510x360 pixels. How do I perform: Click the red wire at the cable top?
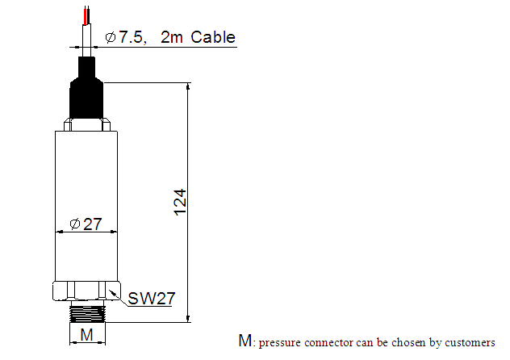(86, 17)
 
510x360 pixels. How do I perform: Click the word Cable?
(213, 37)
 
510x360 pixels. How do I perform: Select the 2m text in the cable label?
(171, 37)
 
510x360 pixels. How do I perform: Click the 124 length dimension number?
(180, 203)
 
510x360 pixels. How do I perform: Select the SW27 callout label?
(151, 299)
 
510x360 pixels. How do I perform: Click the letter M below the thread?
(86, 335)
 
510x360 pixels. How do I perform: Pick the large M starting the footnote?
(245, 341)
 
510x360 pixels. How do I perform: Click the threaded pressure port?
(87, 312)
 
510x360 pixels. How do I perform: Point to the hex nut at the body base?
(86, 291)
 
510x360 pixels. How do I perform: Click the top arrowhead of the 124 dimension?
(188, 86)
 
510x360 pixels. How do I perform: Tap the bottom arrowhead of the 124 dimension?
(188, 319)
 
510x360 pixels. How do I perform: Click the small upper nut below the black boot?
(87, 125)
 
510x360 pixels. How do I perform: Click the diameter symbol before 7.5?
(111, 37)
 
